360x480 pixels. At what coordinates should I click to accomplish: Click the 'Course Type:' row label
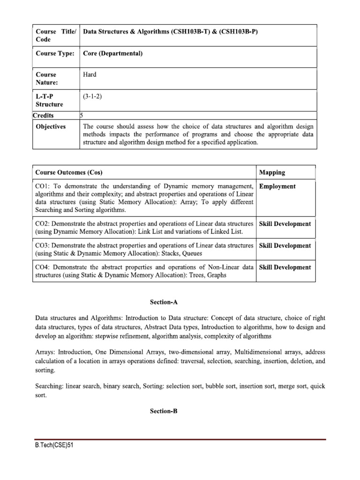tap(55, 53)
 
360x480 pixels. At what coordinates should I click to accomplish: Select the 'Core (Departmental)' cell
tap(112, 53)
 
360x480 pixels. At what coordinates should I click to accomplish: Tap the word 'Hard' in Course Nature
tap(90, 75)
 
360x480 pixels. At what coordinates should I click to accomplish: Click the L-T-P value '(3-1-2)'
tap(92, 96)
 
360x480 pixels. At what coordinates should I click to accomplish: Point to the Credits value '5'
tap(82, 115)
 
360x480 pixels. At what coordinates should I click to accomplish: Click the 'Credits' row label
tap(43, 115)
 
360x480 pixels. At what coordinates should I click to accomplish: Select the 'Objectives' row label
tap(51, 127)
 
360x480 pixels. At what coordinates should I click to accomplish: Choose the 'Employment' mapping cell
tap(277, 187)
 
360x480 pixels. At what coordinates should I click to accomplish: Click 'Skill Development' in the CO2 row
tap(285, 224)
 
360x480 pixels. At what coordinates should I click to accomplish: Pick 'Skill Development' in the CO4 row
tap(285, 267)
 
